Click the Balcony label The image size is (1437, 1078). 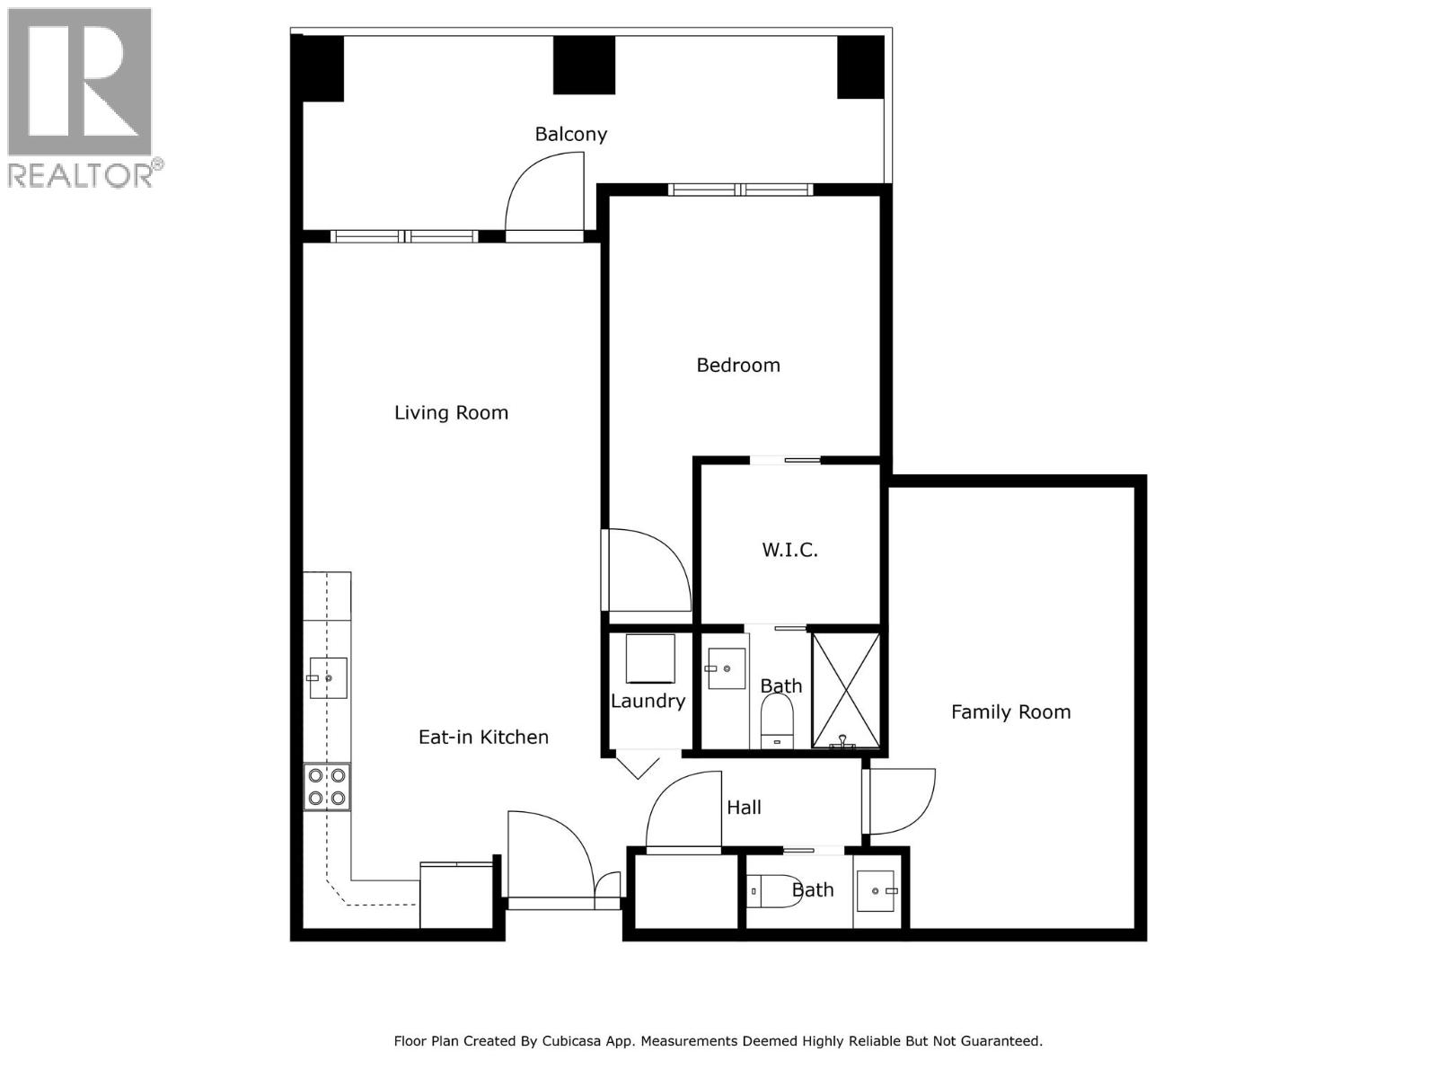[x=571, y=134]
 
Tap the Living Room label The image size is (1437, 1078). [x=451, y=412]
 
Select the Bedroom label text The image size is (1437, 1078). [x=738, y=365]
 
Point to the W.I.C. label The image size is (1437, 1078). [x=789, y=550]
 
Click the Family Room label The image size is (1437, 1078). [x=1010, y=711]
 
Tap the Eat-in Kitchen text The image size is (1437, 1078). [x=483, y=737]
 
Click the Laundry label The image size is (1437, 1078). [x=648, y=701]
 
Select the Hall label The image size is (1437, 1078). [x=744, y=807]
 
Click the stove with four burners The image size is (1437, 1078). [x=327, y=787]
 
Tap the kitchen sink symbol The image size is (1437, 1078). [x=328, y=677]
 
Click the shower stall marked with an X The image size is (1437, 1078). [x=846, y=690]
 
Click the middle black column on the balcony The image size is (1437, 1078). [x=584, y=65]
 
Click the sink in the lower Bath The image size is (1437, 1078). [x=877, y=891]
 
